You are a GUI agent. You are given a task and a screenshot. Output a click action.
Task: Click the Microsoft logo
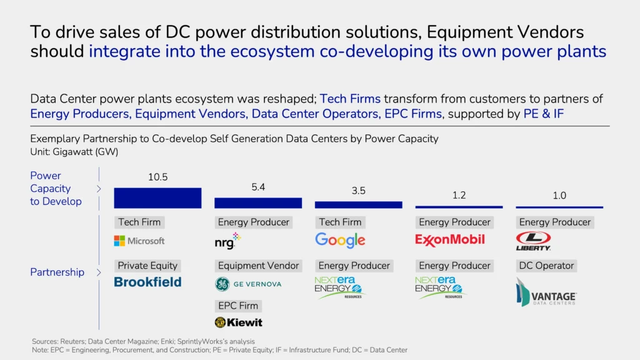139,241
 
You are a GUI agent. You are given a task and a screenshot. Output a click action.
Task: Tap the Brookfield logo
147,282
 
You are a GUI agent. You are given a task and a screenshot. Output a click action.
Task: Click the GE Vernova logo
248,284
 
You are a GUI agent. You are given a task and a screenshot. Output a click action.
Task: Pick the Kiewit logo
238,322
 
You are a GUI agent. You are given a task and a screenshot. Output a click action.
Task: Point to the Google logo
340,240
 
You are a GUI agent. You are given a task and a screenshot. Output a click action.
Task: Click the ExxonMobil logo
450,239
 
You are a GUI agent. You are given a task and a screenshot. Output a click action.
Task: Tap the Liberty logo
533,241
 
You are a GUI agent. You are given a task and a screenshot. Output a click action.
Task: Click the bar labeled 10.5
157,197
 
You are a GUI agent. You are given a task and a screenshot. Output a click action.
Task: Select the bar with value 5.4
258,202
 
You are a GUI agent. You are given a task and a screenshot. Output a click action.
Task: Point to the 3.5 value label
358,191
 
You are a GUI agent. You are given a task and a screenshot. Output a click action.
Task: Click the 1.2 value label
459,195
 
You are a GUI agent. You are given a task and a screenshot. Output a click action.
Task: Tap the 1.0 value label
559,196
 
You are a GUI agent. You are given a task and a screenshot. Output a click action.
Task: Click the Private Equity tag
148,266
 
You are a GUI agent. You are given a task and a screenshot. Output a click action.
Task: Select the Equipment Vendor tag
258,266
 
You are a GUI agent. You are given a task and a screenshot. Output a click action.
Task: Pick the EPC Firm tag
237,306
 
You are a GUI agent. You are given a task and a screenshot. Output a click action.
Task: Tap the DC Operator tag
546,266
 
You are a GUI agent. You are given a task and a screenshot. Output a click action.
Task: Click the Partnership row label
57,272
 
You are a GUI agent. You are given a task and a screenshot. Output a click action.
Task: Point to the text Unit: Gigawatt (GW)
74,151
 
